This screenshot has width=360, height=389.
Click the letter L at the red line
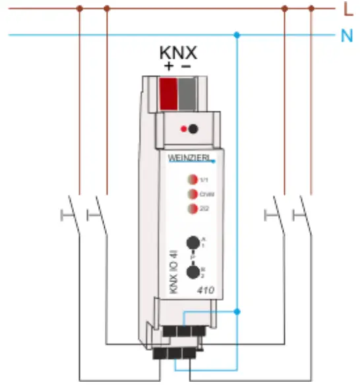pos(347,9)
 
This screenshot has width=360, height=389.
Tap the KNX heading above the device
pos(179,52)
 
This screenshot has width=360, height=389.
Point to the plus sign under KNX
pos(169,67)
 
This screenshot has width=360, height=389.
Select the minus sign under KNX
pos(187,67)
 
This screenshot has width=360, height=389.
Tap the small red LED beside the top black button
pos(183,129)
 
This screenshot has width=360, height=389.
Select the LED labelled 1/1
pos(191,179)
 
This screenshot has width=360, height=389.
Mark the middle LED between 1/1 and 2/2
pos(191,194)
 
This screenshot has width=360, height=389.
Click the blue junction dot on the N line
pos(238,34)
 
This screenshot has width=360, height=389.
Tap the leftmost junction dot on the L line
pos(80,9)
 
